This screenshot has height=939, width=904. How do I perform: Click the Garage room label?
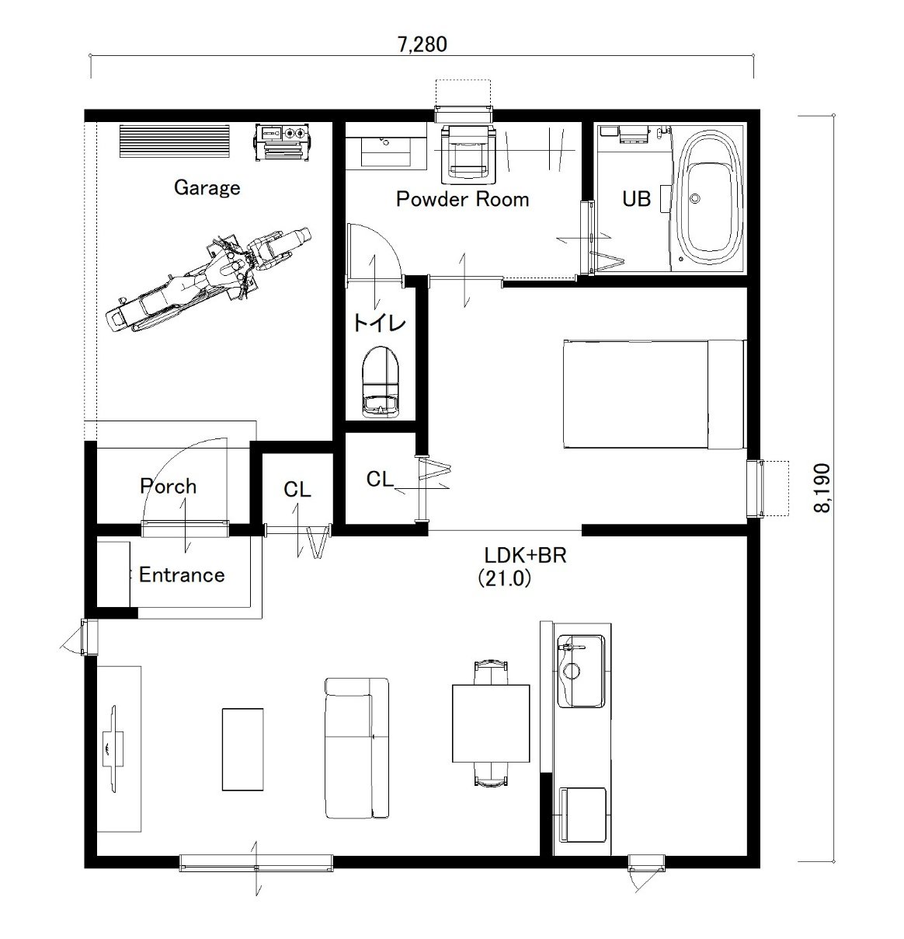point(207,187)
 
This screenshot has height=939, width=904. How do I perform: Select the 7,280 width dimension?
point(422,44)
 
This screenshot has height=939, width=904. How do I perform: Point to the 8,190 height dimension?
point(822,488)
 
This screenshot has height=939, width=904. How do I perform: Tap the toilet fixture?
point(381,381)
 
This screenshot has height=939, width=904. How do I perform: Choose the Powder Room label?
point(462,199)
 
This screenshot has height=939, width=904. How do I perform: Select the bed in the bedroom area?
point(655,394)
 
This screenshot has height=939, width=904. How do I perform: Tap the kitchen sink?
point(580,671)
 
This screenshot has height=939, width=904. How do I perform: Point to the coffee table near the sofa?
point(242,749)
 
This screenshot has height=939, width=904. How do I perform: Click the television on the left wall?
point(113,749)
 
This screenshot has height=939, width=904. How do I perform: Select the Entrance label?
point(182,575)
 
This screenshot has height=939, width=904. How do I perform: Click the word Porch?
point(169,487)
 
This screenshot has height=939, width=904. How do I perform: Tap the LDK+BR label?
point(525,556)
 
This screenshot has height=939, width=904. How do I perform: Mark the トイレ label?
point(380,323)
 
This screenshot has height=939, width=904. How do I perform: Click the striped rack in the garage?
point(175,141)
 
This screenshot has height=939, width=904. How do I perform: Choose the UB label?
point(636,199)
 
